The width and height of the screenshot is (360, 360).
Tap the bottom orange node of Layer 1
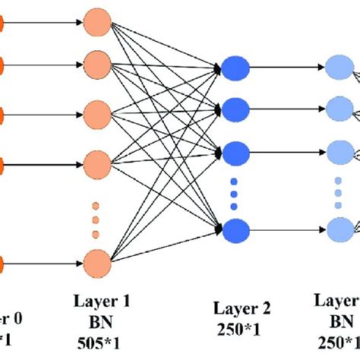(x=96, y=264)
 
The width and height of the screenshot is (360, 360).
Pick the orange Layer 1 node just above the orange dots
(x=96, y=163)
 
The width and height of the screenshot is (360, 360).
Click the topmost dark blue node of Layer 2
(x=235, y=68)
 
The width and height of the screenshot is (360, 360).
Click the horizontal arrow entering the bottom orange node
(x=46, y=264)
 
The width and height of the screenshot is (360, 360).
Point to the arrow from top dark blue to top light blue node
(x=285, y=68)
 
